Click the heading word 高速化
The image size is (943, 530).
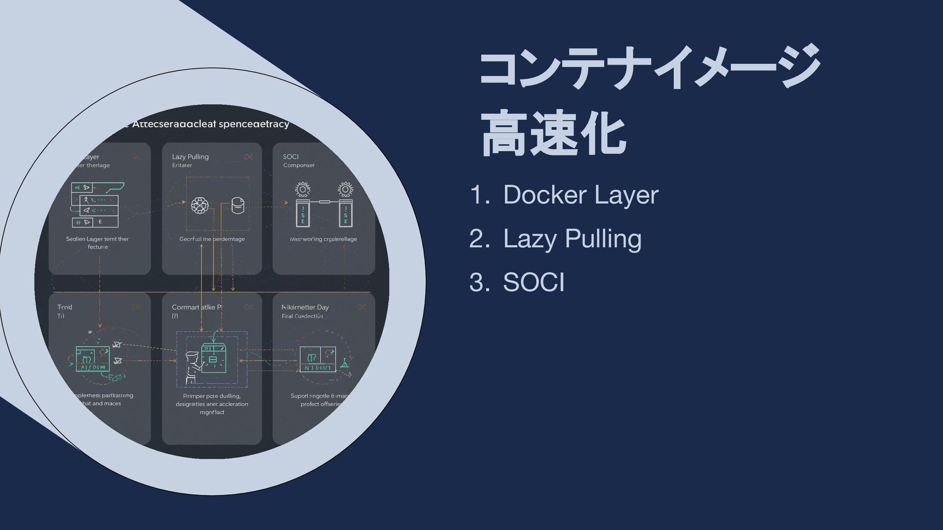[553, 134]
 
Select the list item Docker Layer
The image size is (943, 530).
[580, 195]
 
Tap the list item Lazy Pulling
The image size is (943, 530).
[572, 239]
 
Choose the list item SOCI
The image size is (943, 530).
[533, 283]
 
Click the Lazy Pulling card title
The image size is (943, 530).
[190, 157]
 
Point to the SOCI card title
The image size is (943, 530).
[291, 157]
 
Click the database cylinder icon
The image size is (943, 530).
[238, 205]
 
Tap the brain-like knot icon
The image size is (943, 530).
[199, 206]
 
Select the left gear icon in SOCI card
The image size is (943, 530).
[303, 189]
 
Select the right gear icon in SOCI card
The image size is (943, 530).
[345, 189]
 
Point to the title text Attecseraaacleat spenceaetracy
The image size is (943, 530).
[210, 124]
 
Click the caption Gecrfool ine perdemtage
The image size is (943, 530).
[212, 239]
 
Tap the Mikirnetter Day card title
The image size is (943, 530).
[305, 307]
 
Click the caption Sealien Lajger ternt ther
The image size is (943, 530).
[97, 239]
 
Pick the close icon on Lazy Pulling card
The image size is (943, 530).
[248, 157]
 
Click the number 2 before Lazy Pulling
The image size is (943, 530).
[477, 239]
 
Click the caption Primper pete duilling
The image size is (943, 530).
[212, 396]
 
